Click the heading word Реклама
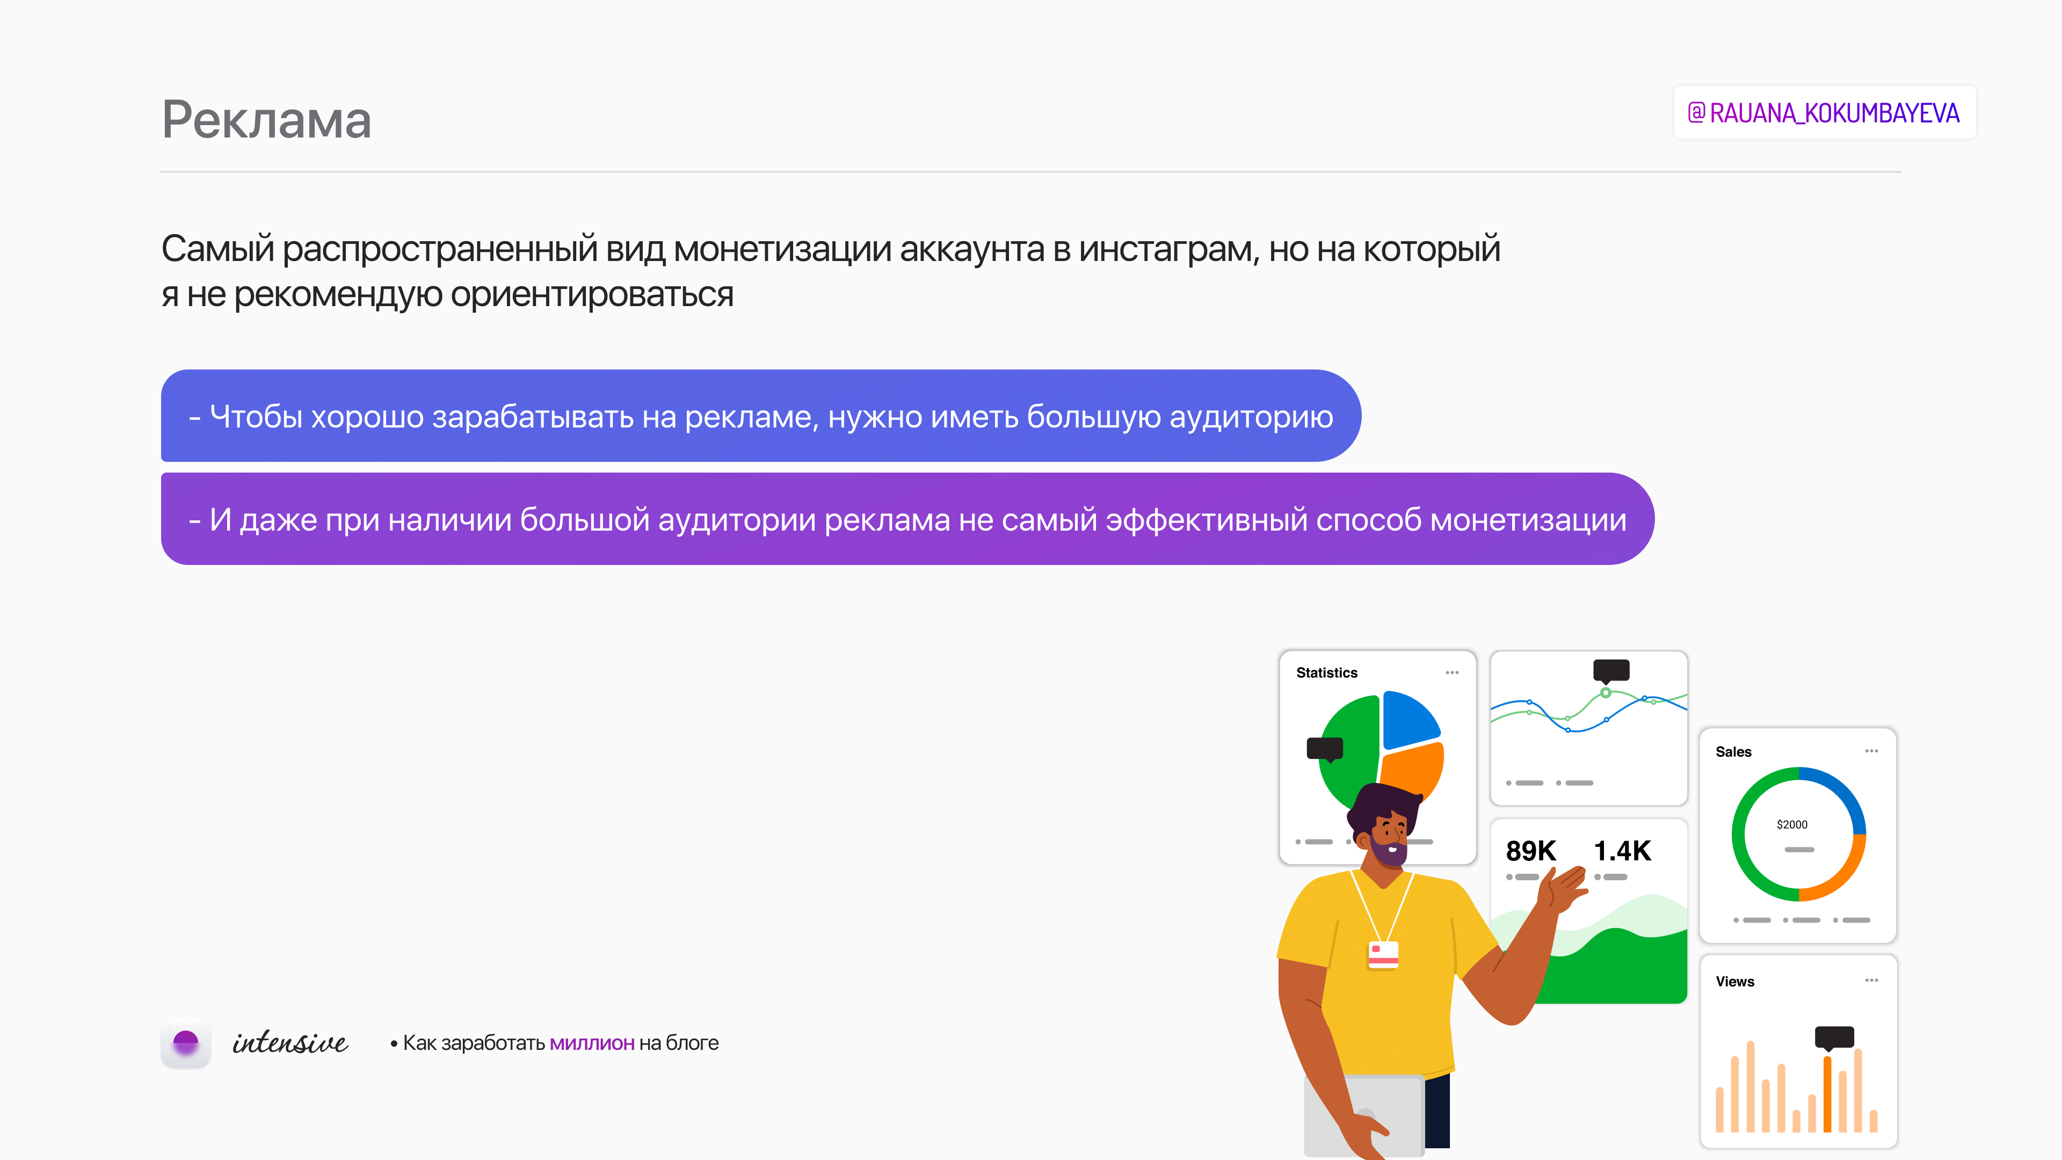click(266, 120)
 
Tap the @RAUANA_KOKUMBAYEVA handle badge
click(1824, 113)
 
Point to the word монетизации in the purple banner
click(1528, 520)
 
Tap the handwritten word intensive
click(290, 1042)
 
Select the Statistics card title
click(1326, 672)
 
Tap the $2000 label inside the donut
click(1791, 824)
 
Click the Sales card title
click(1733, 752)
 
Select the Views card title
click(1734, 982)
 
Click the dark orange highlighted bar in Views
click(1827, 1093)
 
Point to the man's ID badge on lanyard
click(1383, 954)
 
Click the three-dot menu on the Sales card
click(1871, 751)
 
